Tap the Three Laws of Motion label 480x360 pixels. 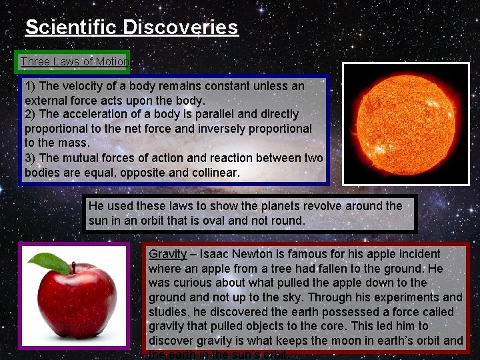coord(73,62)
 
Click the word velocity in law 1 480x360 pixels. coord(83,86)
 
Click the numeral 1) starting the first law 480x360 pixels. coord(30,86)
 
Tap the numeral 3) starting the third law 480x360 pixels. coord(30,158)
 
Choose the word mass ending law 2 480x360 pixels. coord(75,143)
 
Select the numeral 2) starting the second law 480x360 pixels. coord(30,114)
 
